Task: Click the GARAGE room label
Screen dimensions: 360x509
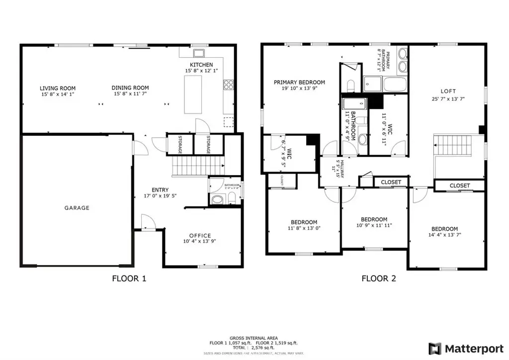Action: [x=77, y=208]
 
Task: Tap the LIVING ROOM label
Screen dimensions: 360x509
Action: [x=58, y=89]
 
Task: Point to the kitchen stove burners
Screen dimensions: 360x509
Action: [x=229, y=85]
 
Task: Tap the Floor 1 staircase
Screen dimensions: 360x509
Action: [x=196, y=165]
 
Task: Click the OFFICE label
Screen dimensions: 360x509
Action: [x=200, y=236]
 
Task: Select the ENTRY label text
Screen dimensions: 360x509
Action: [x=160, y=190]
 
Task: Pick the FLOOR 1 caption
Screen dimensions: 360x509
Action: [x=129, y=278]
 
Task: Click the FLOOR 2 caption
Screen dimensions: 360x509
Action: [x=379, y=278]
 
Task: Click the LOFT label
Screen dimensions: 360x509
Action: [x=448, y=91]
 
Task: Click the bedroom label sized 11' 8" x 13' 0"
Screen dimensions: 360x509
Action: [x=304, y=222]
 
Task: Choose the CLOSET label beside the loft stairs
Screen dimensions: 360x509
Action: [x=459, y=185]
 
